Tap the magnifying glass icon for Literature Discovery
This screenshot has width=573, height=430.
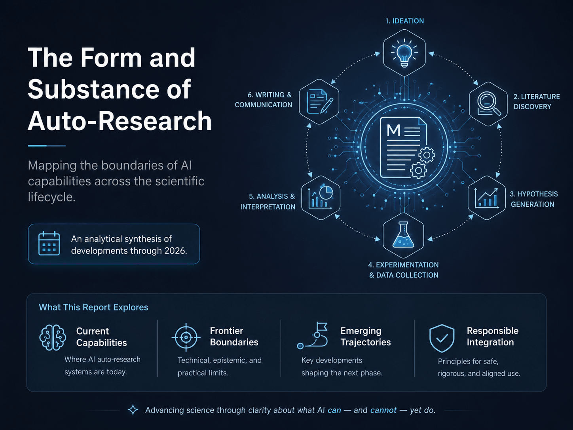489,104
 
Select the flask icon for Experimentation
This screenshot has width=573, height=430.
403,235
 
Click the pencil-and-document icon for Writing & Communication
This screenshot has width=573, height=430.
320,101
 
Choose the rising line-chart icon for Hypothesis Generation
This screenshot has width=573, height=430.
487,198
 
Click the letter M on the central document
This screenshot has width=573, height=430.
393,130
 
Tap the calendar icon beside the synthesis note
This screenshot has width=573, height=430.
49,244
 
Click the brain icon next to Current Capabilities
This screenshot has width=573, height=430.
53,337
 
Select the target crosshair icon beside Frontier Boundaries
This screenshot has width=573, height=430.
186,337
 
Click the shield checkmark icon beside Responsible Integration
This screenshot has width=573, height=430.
442,338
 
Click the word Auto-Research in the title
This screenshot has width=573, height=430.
120,121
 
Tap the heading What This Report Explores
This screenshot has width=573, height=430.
93,307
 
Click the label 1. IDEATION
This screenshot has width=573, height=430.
405,21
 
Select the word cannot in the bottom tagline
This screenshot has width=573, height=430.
383,410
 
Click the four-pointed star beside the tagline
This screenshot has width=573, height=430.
133,410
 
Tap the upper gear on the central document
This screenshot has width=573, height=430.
427,155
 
